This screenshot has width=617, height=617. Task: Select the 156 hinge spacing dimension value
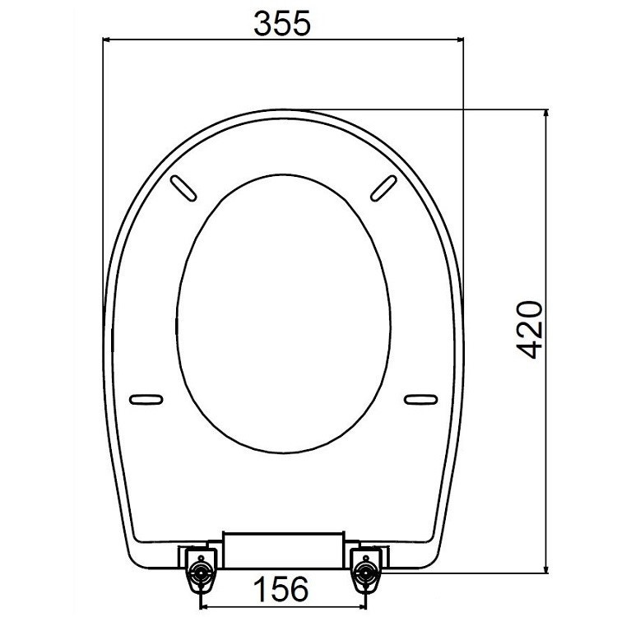(280, 588)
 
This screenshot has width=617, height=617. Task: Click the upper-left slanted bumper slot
(186, 187)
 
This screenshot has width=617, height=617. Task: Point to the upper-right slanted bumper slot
(383, 187)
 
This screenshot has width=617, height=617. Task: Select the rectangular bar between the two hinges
(281, 550)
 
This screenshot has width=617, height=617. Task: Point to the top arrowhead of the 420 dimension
(545, 114)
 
